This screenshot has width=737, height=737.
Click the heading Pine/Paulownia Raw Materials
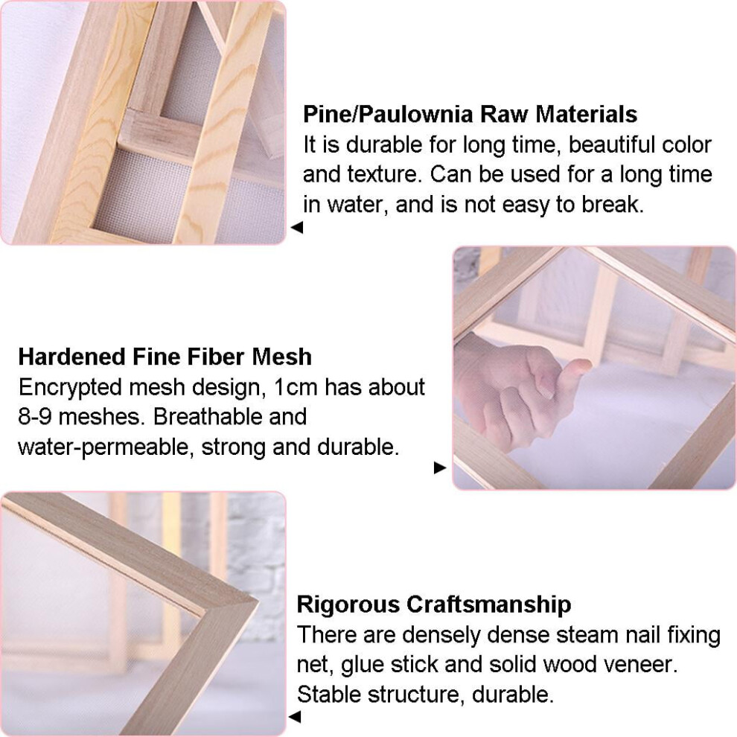click(x=470, y=114)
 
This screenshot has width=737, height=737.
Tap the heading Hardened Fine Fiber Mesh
click(x=165, y=357)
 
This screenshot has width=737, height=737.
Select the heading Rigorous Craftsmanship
click(x=434, y=604)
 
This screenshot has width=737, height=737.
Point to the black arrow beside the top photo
click(x=296, y=228)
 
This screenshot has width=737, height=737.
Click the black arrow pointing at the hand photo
click(x=440, y=468)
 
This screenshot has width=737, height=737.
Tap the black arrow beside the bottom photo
click(x=294, y=717)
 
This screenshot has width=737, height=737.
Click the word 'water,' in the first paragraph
click(x=358, y=205)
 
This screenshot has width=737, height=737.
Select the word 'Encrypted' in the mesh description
click(x=70, y=388)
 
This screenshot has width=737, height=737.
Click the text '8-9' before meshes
click(x=35, y=417)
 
